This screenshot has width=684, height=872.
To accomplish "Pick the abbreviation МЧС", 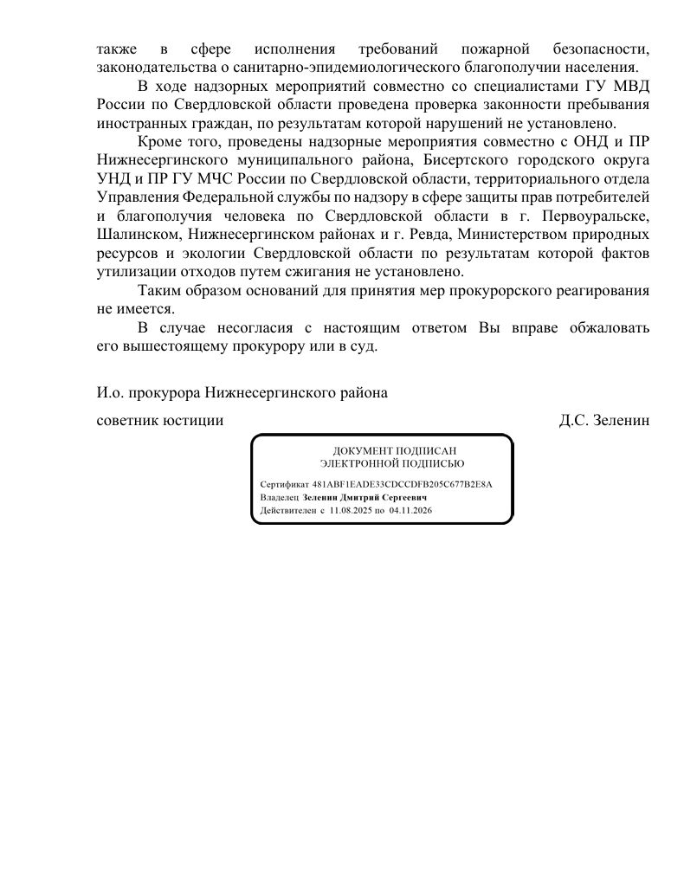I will [218, 179].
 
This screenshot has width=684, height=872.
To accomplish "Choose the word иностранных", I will [138, 123].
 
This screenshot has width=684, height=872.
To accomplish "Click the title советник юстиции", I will [160, 421].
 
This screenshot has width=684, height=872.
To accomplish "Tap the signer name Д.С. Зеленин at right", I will [604, 421].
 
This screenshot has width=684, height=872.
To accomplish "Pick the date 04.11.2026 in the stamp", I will [411, 512].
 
